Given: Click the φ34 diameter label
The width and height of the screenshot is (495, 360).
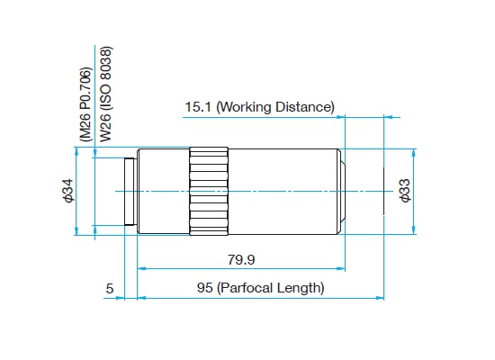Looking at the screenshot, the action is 68,191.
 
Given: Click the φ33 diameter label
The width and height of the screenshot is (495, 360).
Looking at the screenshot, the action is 405,191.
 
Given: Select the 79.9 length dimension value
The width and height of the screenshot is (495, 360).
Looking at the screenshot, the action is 241,259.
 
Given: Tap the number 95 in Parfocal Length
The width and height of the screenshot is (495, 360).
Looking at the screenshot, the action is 204,288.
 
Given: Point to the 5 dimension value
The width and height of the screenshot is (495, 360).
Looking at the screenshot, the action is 110,289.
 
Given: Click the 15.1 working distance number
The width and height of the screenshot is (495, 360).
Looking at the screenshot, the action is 198,107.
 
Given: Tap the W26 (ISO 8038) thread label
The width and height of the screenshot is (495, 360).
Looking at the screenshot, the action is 106,94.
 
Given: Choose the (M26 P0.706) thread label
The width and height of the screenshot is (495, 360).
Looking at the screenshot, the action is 85,104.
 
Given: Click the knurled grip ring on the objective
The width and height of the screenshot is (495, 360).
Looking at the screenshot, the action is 209,191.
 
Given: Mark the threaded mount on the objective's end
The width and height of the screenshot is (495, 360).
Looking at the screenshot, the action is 130,192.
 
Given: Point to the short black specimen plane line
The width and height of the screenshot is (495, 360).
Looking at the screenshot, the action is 384,191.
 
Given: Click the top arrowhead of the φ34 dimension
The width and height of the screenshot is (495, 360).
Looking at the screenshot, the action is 76,151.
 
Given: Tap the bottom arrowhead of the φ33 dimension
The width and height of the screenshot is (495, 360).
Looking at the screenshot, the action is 414,230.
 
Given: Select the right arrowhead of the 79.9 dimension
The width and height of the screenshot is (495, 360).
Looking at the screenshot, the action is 341,269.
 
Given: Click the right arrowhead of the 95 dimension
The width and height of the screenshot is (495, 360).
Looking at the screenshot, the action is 380,298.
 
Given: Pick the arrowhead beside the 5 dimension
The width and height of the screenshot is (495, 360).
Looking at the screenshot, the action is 121,298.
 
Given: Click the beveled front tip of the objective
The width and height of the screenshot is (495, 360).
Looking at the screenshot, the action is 342,192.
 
